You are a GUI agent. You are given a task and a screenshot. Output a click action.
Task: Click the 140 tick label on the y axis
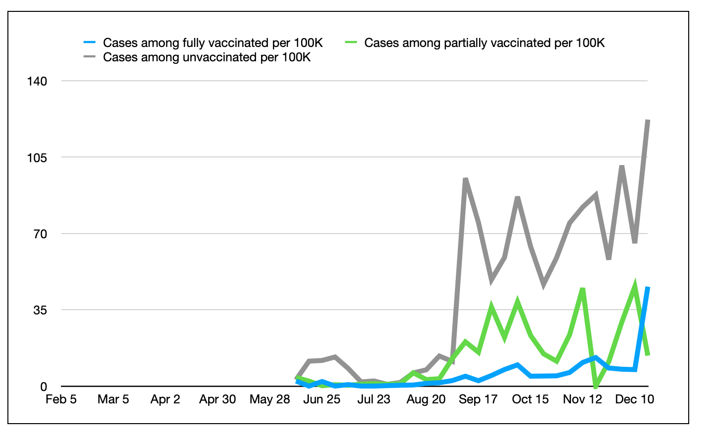37,81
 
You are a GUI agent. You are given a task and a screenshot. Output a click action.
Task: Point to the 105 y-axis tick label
37,158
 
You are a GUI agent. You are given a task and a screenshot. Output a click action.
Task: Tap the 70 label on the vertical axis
40,234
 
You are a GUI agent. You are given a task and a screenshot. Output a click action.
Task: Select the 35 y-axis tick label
40,310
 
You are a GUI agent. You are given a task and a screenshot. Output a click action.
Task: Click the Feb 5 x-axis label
61,399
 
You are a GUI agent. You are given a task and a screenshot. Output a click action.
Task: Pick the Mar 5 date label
113,399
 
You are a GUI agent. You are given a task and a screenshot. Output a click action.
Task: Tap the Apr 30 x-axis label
218,399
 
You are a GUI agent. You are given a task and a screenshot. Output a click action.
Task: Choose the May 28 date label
269,399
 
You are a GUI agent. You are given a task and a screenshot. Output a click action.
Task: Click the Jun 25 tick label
321,399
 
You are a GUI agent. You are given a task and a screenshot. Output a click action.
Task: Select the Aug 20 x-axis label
426,399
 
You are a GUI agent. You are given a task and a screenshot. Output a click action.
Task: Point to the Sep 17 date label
478,399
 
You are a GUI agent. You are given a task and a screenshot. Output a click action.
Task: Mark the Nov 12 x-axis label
582,399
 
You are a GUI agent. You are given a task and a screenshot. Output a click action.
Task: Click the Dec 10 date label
634,399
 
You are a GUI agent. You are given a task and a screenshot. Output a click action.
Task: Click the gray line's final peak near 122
648,121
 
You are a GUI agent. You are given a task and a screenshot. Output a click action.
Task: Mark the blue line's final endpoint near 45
648,288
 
